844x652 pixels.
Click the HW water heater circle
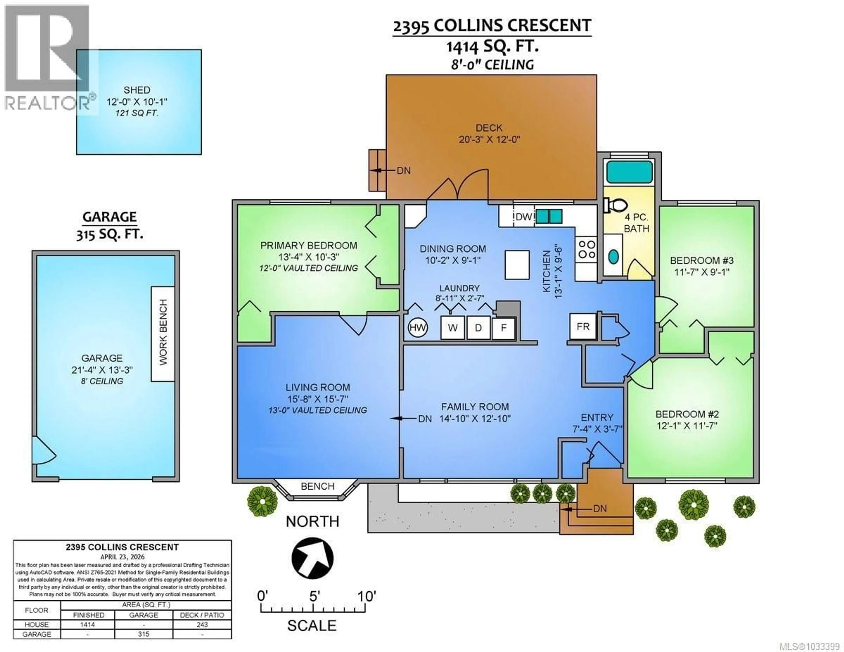click(417, 328)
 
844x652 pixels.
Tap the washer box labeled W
click(453, 328)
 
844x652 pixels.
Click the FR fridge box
click(583, 327)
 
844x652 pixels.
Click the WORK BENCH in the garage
click(163, 333)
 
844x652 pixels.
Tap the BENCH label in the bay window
click(317, 486)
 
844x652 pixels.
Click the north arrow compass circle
click(312, 558)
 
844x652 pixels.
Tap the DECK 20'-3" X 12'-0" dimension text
click(489, 139)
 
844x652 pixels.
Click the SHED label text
click(137, 90)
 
